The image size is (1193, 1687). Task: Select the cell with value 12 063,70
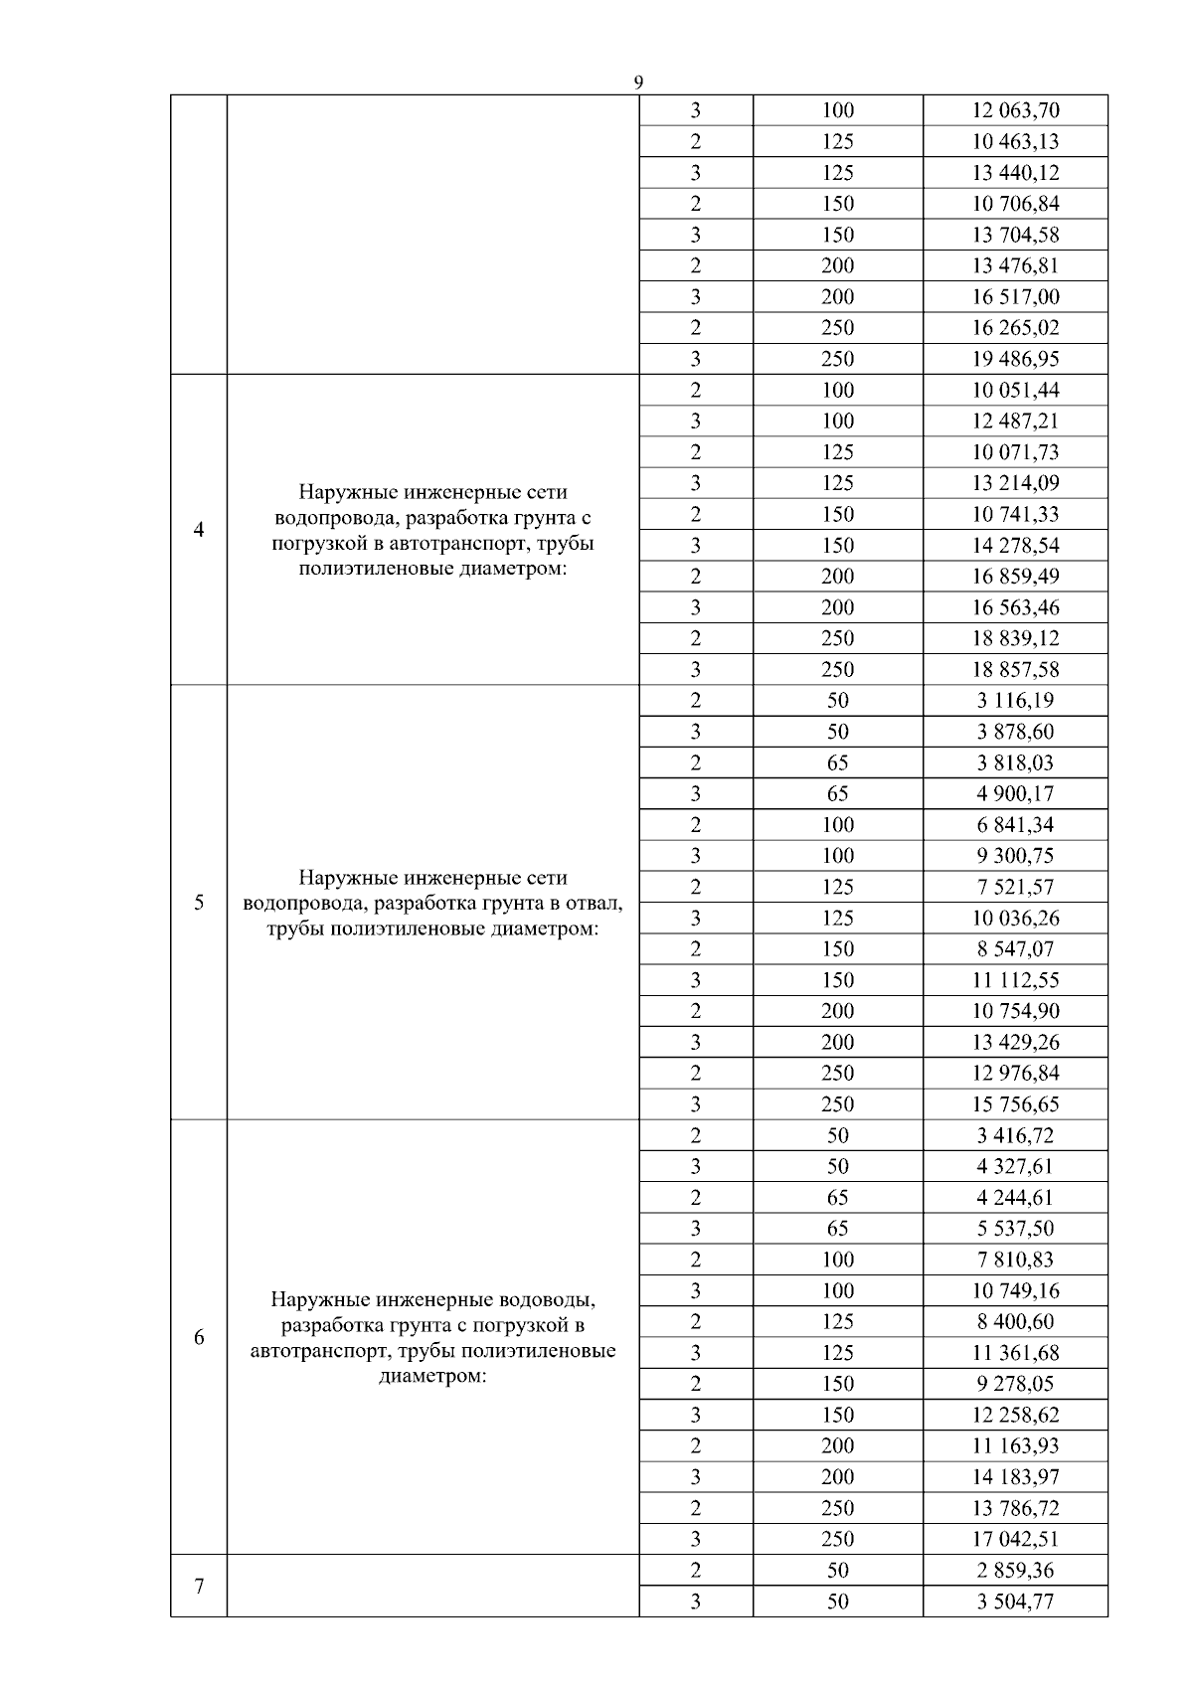1015,110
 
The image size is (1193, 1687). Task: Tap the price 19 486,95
1015,359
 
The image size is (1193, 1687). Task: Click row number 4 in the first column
199,530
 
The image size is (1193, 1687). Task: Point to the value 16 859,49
1015,577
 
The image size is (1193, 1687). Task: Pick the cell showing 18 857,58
1015,669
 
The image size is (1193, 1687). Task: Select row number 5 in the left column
199,903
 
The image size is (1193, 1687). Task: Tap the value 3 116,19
1015,700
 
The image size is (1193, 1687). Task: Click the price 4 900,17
1015,793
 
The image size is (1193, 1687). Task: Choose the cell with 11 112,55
1015,980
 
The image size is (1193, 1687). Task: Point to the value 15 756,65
1015,1104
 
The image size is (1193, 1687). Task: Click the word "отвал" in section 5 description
595,904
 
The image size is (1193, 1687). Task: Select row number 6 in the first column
199,1337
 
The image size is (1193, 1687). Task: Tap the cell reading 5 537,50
1015,1229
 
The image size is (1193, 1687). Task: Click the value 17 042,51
1015,1539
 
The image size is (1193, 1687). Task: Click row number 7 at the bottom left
199,1586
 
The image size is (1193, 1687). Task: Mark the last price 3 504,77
1015,1602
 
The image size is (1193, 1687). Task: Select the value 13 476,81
1015,265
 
